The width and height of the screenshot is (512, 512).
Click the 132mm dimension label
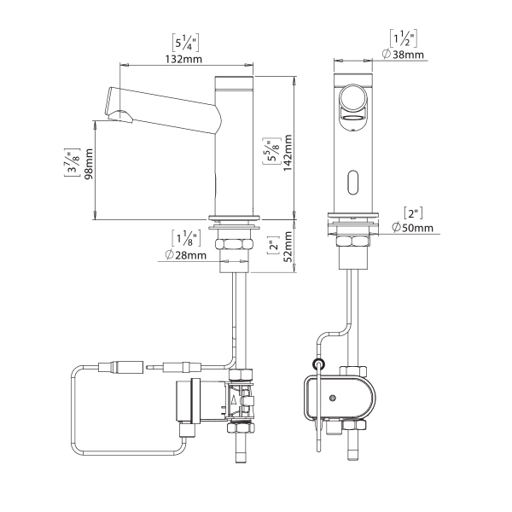pyautogui.click(x=183, y=60)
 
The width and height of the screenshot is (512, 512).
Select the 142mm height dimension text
pyautogui.click(x=288, y=153)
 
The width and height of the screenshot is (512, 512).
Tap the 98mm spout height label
pyautogui.click(x=89, y=164)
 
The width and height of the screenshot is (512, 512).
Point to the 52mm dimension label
pyautogui.click(x=288, y=247)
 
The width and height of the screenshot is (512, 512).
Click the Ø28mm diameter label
pyautogui.click(x=186, y=254)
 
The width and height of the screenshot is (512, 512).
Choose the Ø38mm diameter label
pyautogui.click(x=404, y=55)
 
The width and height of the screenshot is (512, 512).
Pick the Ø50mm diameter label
pyautogui.click(x=413, y=227)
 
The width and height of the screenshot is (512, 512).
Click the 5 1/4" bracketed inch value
pyautogui.click(x=185, y=44)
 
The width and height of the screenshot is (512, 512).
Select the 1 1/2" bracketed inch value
pyautogui.click(x=404, y=38)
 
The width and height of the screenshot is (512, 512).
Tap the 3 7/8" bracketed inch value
pyautogui.click(x=72, y=162)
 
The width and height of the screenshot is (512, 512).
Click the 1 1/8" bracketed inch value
pyautogui.click(x=186, y=238)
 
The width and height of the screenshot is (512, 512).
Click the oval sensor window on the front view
pyautogui.click(x=353, y=183)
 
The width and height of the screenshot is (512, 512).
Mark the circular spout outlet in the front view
pyautogui.click(x=353, y=97)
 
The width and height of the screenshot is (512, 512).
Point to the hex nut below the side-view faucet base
pyautogui.click(x=233, y=245)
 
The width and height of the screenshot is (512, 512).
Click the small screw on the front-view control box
pyautogui.click(x=333, y=398)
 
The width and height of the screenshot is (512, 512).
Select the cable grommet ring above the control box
pyautogui.click(x=318, y=364)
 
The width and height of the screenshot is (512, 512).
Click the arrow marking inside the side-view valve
pyautogui.click(x=234, y=401)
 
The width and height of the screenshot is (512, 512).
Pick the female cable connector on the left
pyautogui.click(x=121, y=367)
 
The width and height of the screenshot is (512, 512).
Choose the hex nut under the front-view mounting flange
pyautogui.click(x=353, y=241)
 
